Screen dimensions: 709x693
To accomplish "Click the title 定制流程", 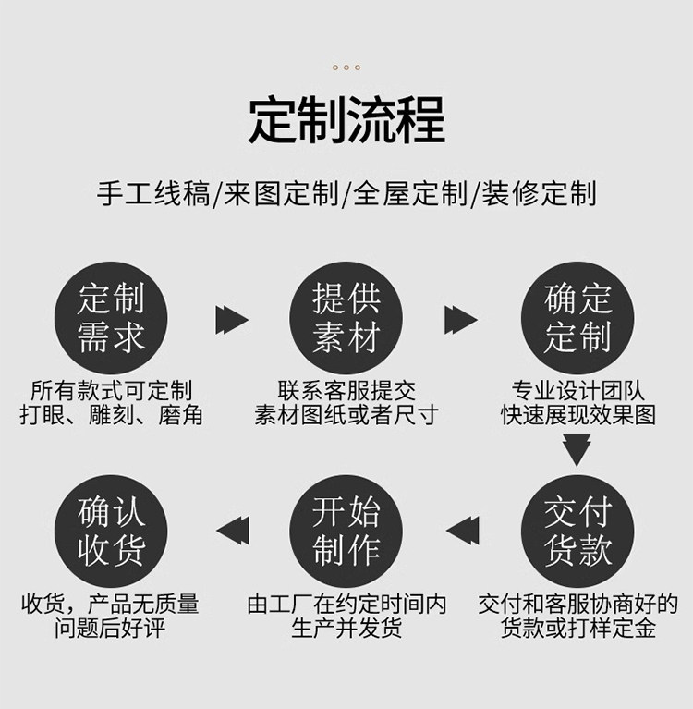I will pyautogui.click(x=346, y=120).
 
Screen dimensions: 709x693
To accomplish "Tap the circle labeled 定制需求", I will pyautogui.click(x=112, y=319).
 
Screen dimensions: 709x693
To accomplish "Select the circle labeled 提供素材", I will pyautogui.click(x=346, y=319).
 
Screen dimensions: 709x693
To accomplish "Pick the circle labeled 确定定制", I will pyautogui.click(x=578, y=319).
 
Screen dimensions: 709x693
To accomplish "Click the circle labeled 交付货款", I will pyautogui.click(x=578, y=531).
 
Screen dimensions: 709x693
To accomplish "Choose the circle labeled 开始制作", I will pyautogui.click(x=346, y=531).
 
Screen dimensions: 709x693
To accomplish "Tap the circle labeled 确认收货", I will pyautogui.click(x=112, y=531).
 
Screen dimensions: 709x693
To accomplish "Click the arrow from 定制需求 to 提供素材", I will pyautogui.click(x=231, y=320).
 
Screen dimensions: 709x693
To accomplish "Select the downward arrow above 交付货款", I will pyautogui.click(x=577, y=450).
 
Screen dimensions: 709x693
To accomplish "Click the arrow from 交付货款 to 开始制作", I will pyautogui.click(x=463, y=531).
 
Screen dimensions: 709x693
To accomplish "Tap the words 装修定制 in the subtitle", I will pyautogui.click(x=538, y=193).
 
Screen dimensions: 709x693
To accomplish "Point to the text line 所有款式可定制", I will pyautogui.click(x=111, y=390).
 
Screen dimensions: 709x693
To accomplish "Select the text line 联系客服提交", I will pyautogui.click(x=346, y=390).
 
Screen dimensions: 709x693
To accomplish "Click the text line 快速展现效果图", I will pyautogui.click(x=578, y=415).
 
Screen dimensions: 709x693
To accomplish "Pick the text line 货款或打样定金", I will pyautogui.click(x=578, y=630).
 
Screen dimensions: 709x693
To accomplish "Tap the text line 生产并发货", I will pyautogui.click(x=346, y=630).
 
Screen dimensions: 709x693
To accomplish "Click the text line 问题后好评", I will pyautogui.click(x=111, y=630).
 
